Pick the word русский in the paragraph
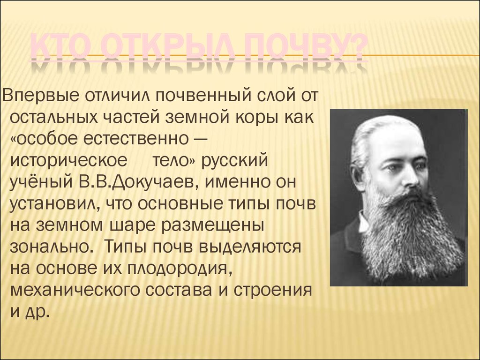point(235,160)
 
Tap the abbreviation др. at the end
point(37,311)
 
